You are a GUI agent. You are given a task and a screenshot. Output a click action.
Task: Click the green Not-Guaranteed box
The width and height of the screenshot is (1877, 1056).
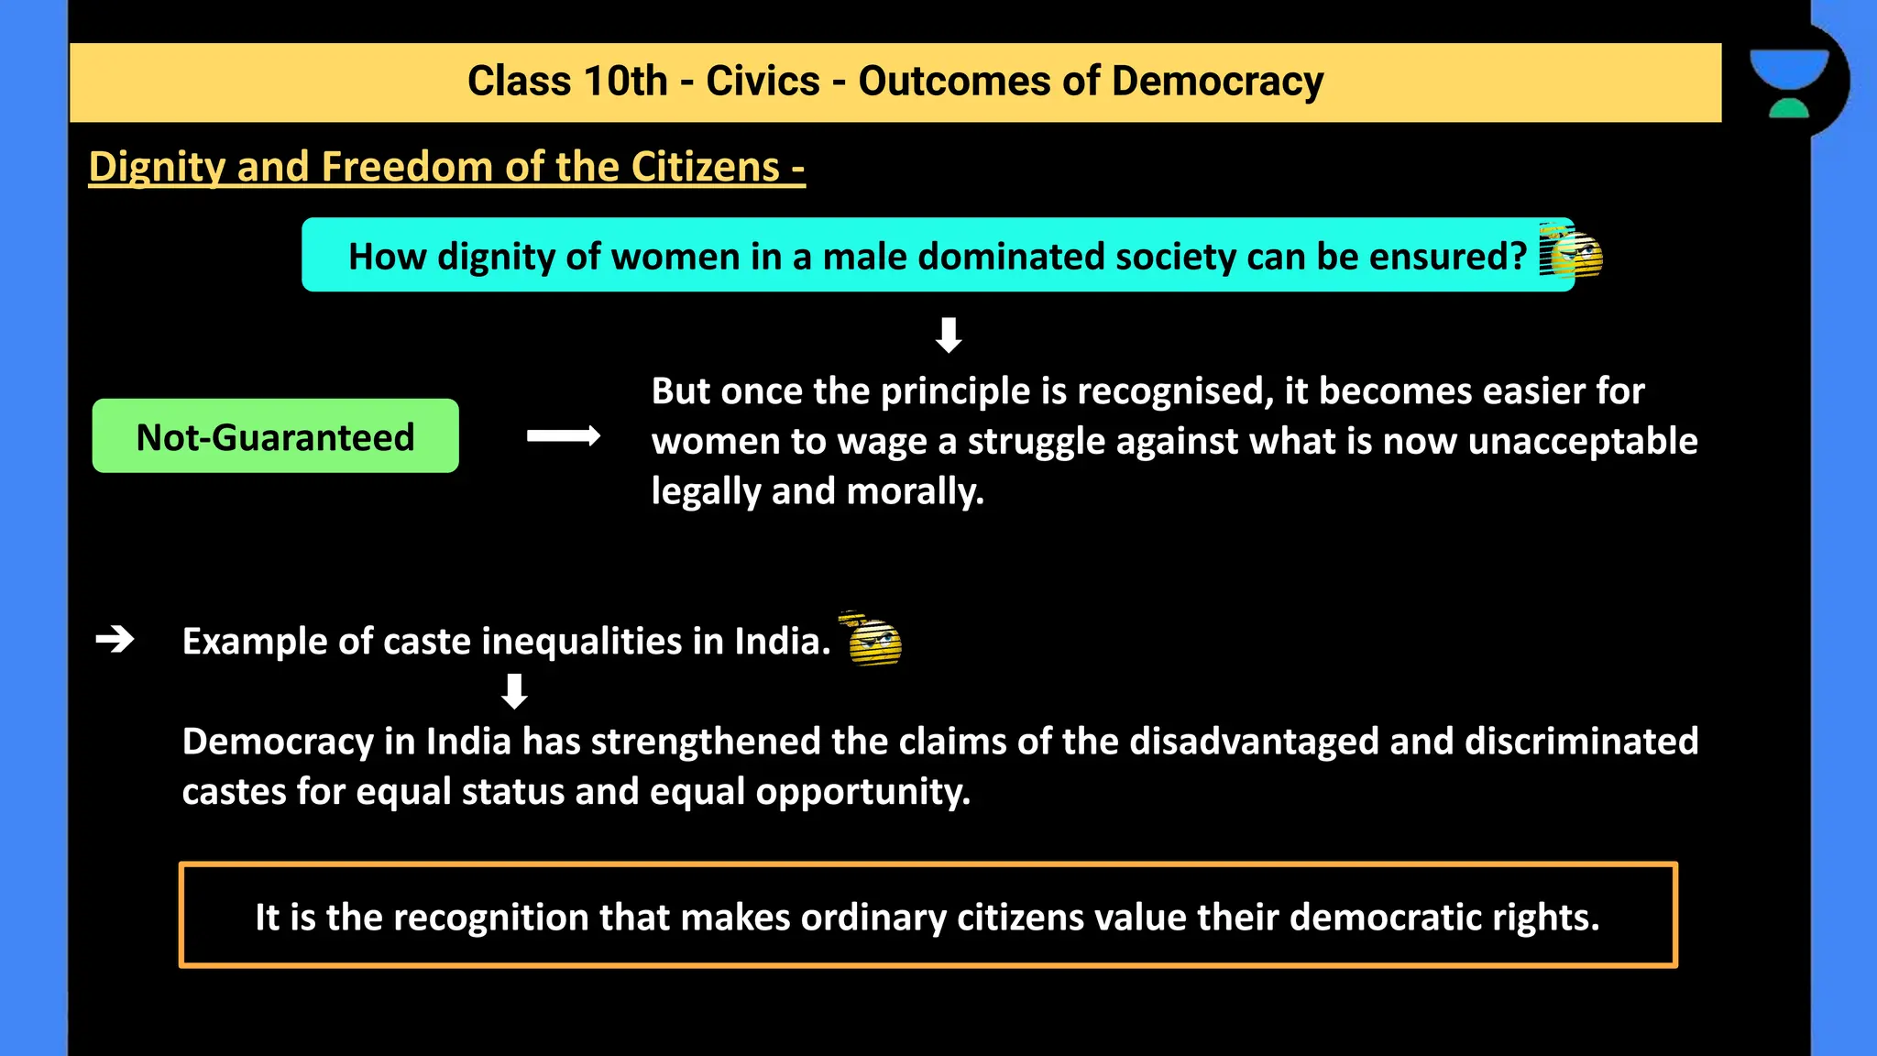pos(275,436)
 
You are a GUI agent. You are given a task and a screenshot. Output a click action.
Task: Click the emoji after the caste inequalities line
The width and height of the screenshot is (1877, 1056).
pos(872,639)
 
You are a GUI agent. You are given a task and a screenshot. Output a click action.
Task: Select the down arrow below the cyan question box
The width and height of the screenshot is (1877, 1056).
pos(949,335)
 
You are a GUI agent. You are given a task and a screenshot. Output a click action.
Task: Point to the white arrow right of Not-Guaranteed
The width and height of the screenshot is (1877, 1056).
pos(564,436)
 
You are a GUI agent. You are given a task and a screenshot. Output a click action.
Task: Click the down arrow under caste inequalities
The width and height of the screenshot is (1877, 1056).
pos(514,691)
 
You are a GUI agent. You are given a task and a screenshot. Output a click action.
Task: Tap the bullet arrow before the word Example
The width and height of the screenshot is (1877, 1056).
pos(115,639)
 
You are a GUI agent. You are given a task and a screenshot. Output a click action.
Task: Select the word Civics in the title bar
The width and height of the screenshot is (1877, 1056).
pos(763,82)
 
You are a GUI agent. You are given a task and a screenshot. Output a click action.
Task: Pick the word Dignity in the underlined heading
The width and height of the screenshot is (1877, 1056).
pos(157,168)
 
